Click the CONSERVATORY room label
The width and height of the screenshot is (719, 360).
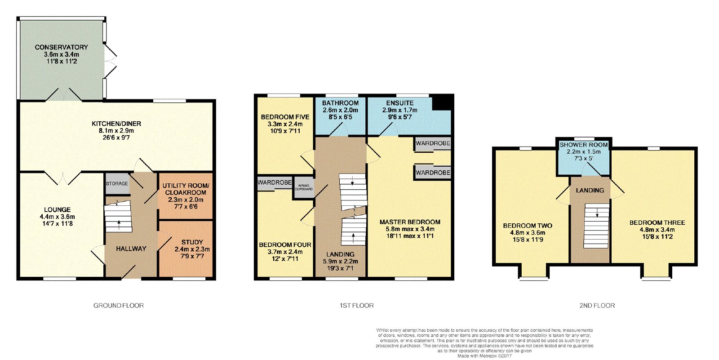tap(61, 47)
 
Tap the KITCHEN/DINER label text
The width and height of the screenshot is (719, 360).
tap(116, 124)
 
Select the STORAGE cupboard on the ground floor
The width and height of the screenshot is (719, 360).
tap(117, 184)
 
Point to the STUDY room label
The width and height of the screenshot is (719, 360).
tap(192, 242)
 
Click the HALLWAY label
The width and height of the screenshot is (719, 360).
tap(131, 249)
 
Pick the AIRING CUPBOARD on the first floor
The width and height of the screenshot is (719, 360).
tap(304, 187)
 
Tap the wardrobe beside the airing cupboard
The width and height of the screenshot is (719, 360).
tap(275, 183)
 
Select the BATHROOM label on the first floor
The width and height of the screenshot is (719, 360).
tap(340, 103)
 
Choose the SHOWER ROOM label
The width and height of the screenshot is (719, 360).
tap(584, 145)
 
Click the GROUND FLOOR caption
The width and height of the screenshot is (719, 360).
tap(119, 306)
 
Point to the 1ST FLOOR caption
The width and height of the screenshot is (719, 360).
tap(357, 306)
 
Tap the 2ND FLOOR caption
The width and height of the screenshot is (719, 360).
tap(597, 306)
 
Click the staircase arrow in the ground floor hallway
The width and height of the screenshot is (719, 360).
tap(119, 224)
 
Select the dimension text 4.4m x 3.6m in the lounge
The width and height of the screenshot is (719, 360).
tap(58, 217)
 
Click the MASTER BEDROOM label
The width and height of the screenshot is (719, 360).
tap(410, 222)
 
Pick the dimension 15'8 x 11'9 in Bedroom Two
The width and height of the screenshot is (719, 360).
tap(528, 240)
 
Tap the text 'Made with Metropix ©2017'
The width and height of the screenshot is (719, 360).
tap(484, 356)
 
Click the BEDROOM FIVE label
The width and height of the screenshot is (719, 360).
tap(285, 117)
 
